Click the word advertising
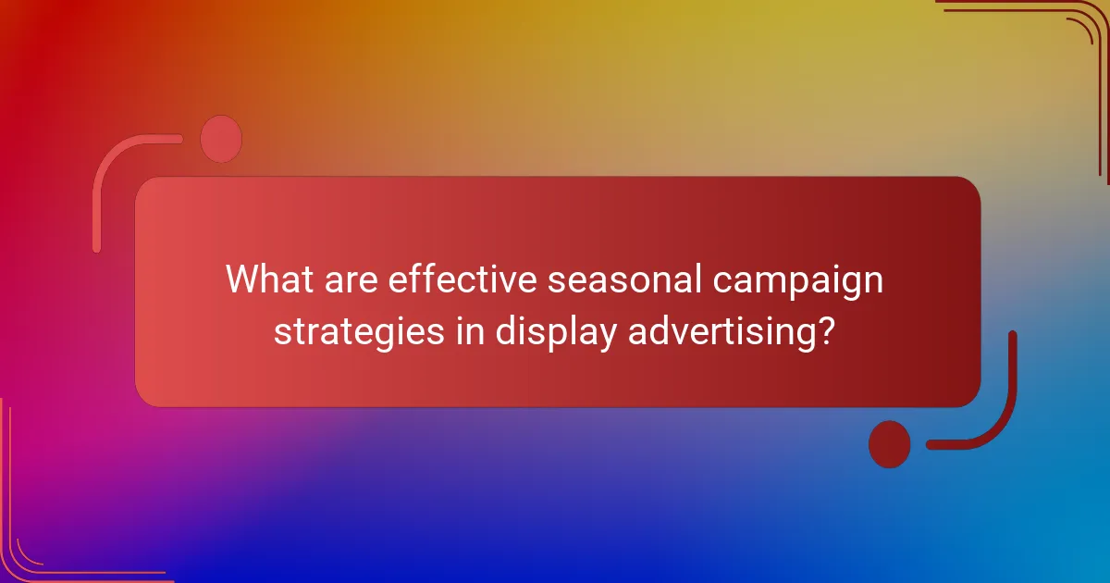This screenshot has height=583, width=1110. click(x=718, y=331)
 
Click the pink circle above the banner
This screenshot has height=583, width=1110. click(x=221, y=139)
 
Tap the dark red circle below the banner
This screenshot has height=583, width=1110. click(x=889, y=444)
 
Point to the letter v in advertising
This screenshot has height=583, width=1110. click(x=674, y=331)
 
